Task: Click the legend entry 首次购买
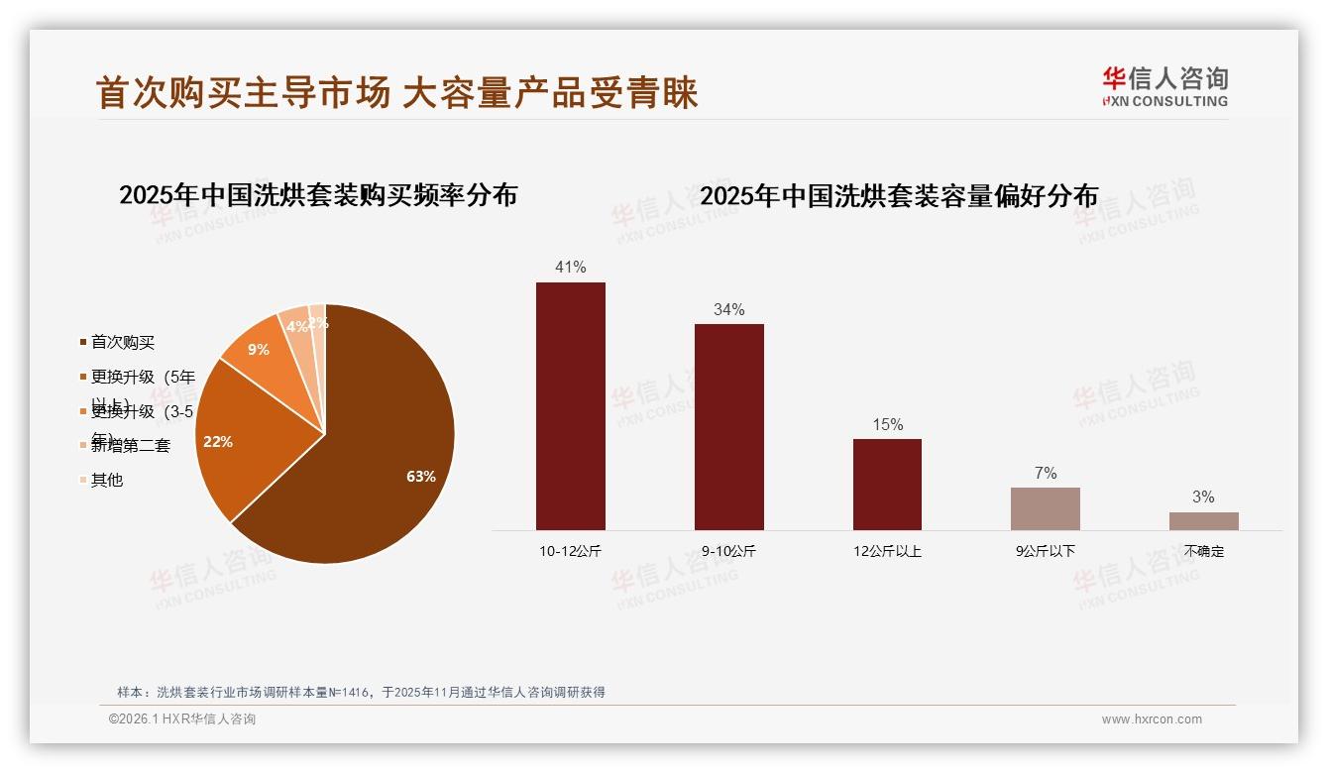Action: [x=122, y=342]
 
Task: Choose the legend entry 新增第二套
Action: [x=130, y=446]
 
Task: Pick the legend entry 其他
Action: [x=106, y=480]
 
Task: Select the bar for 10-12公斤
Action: [x=571, y=406]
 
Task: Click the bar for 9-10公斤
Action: [x=728, y=426]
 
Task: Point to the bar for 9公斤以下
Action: [x=1045, y=508]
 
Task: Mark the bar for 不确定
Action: [x=1203, y=520]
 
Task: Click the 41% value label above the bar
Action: [x=571, y=267]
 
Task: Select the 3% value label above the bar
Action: [x=1203, y=497]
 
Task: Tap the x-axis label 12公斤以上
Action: [x=887, y=551]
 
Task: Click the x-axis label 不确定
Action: [x=1203, y=551]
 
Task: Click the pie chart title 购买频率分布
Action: [x=318, y=194]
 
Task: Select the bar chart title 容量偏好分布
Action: [x=899, y=196]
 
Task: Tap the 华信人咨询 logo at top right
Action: [x=1164, y=86]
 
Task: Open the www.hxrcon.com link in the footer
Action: [x=1152, y=719]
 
